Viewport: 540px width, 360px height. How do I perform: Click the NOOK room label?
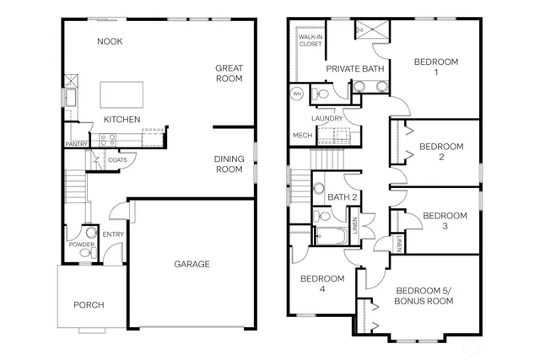coord(111,41)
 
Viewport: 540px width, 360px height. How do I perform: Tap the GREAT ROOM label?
coord(229,73)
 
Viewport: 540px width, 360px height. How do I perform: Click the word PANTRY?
coord(77,144)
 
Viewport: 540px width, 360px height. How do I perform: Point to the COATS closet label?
coord(117,159)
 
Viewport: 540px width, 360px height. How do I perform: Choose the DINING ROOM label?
coord(229,164)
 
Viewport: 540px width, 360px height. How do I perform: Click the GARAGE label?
coord(192,264)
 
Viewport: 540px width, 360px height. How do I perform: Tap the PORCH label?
coord(89,304)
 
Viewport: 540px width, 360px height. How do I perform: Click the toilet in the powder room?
coord(90,232)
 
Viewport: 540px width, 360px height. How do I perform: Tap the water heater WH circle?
coord(297,93)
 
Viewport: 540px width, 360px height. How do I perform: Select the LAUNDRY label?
coord(327,119)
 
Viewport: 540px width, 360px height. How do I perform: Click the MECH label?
coord(302,135)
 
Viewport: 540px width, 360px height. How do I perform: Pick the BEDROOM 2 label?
coord(441,151)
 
